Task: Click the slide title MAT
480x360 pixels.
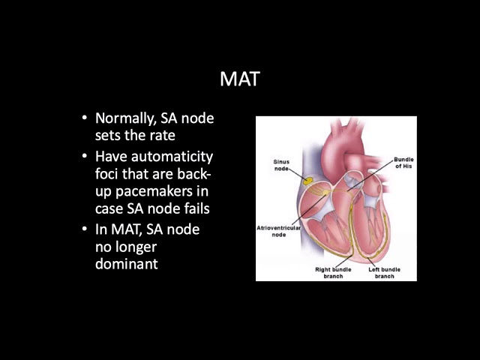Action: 240,79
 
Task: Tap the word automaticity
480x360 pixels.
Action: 172,157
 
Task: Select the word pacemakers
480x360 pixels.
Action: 157,192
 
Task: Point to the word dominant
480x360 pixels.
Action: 127,263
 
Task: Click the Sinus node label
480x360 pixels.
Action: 281,165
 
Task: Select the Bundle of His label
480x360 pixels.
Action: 403,163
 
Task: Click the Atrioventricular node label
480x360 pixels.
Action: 278,232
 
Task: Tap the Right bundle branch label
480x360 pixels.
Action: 333,273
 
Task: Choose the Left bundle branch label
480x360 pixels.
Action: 385,273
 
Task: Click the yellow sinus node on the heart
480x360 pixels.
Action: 307,181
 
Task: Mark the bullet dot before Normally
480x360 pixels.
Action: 85,118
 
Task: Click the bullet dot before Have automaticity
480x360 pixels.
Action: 85,156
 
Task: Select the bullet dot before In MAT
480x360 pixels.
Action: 85,229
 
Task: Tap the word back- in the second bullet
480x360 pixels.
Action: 194,173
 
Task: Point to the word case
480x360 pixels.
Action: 109,209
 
